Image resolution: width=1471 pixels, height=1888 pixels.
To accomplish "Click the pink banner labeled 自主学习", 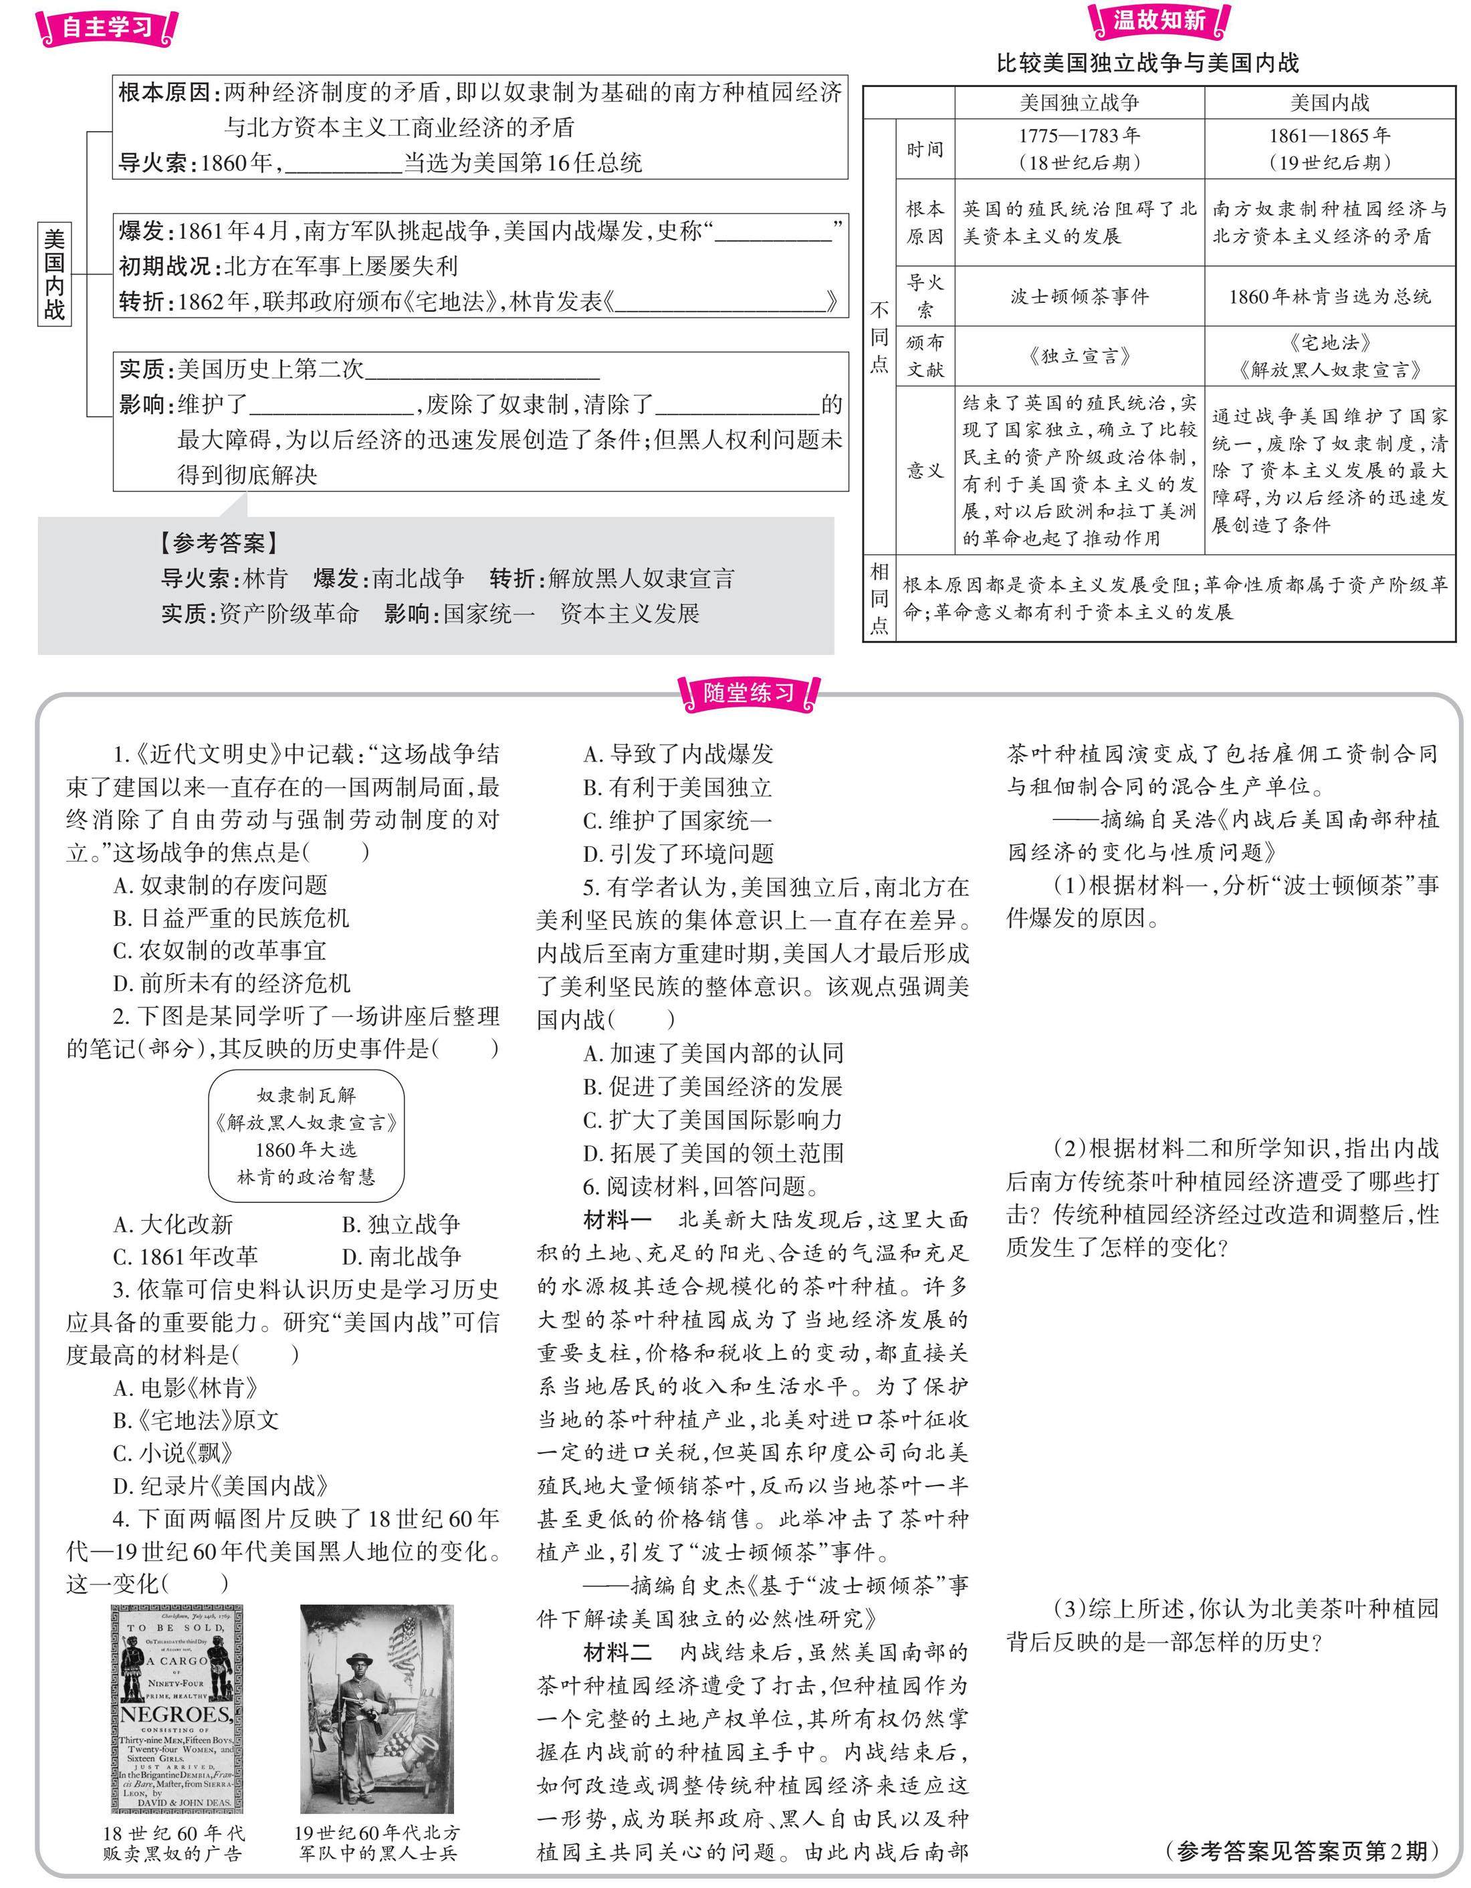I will click(107, 27).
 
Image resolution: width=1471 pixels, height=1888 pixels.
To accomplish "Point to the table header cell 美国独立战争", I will click(1079, 103).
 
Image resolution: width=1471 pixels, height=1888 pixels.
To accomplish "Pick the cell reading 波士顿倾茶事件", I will click(1079, 297).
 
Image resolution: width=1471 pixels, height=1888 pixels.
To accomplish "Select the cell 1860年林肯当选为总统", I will click(1329, 297).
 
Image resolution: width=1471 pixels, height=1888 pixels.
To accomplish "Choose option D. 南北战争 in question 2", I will click(401, 1256).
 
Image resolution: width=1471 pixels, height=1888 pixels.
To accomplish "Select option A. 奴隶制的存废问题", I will click(221, 884).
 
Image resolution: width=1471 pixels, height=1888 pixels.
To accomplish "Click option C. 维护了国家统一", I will click(678, 820).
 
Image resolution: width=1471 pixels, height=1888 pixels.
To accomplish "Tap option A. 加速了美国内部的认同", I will click(713, 1053).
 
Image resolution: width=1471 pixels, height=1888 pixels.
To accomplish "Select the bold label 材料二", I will click(617, 1653).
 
